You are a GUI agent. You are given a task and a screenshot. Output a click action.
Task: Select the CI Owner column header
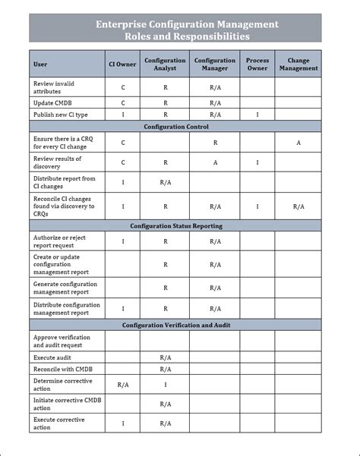click(123, 64)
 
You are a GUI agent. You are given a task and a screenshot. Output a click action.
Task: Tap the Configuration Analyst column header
click(165, 64)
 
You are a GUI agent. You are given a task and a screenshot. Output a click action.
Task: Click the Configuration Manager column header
click(215, 64)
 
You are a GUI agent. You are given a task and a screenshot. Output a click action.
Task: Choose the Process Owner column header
click(257, 64)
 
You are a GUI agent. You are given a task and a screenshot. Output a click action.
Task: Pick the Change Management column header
click(298, 64)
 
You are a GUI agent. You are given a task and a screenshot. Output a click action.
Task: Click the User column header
click(40, 64)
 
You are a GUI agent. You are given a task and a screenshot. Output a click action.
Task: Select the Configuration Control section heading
click(175, 127)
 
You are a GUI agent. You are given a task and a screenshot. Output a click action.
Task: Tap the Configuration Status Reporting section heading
click(175, 226)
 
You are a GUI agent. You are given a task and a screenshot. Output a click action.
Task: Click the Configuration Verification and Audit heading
click(175, 325)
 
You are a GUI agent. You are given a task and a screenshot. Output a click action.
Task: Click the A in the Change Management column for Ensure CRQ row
click(298, 142)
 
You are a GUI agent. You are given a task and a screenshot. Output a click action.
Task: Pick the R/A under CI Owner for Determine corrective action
click(123, 385)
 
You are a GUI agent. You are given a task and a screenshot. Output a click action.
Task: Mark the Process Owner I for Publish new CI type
click(257, 115)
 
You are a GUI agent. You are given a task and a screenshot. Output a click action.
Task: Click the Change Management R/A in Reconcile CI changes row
click(298, 206)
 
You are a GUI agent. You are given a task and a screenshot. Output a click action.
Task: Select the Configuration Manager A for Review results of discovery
click(215, 162)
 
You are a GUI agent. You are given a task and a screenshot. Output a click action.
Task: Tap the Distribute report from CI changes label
click(65, 183)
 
